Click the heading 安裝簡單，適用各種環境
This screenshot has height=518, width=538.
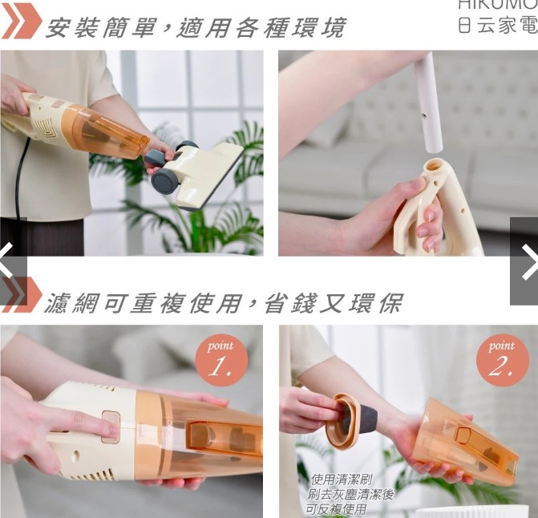(195, 27)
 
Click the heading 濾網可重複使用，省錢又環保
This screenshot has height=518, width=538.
(222, 302)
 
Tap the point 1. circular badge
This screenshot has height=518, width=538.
(221, 360)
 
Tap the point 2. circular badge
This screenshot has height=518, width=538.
(502, 360)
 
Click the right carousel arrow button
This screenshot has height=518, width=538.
(525, 261)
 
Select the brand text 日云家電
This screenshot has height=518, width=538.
(496, 25)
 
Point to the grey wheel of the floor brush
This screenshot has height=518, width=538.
(165, 180)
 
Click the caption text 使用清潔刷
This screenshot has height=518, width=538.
(341, 480)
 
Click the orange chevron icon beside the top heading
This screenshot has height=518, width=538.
(21, 22)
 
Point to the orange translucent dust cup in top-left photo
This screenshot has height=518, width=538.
(105, 130)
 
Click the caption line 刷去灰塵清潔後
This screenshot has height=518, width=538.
(350, 495)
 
